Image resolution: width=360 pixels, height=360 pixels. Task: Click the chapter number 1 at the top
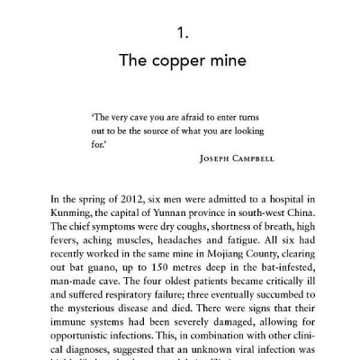pyautogui.click(x=180, y=36)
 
